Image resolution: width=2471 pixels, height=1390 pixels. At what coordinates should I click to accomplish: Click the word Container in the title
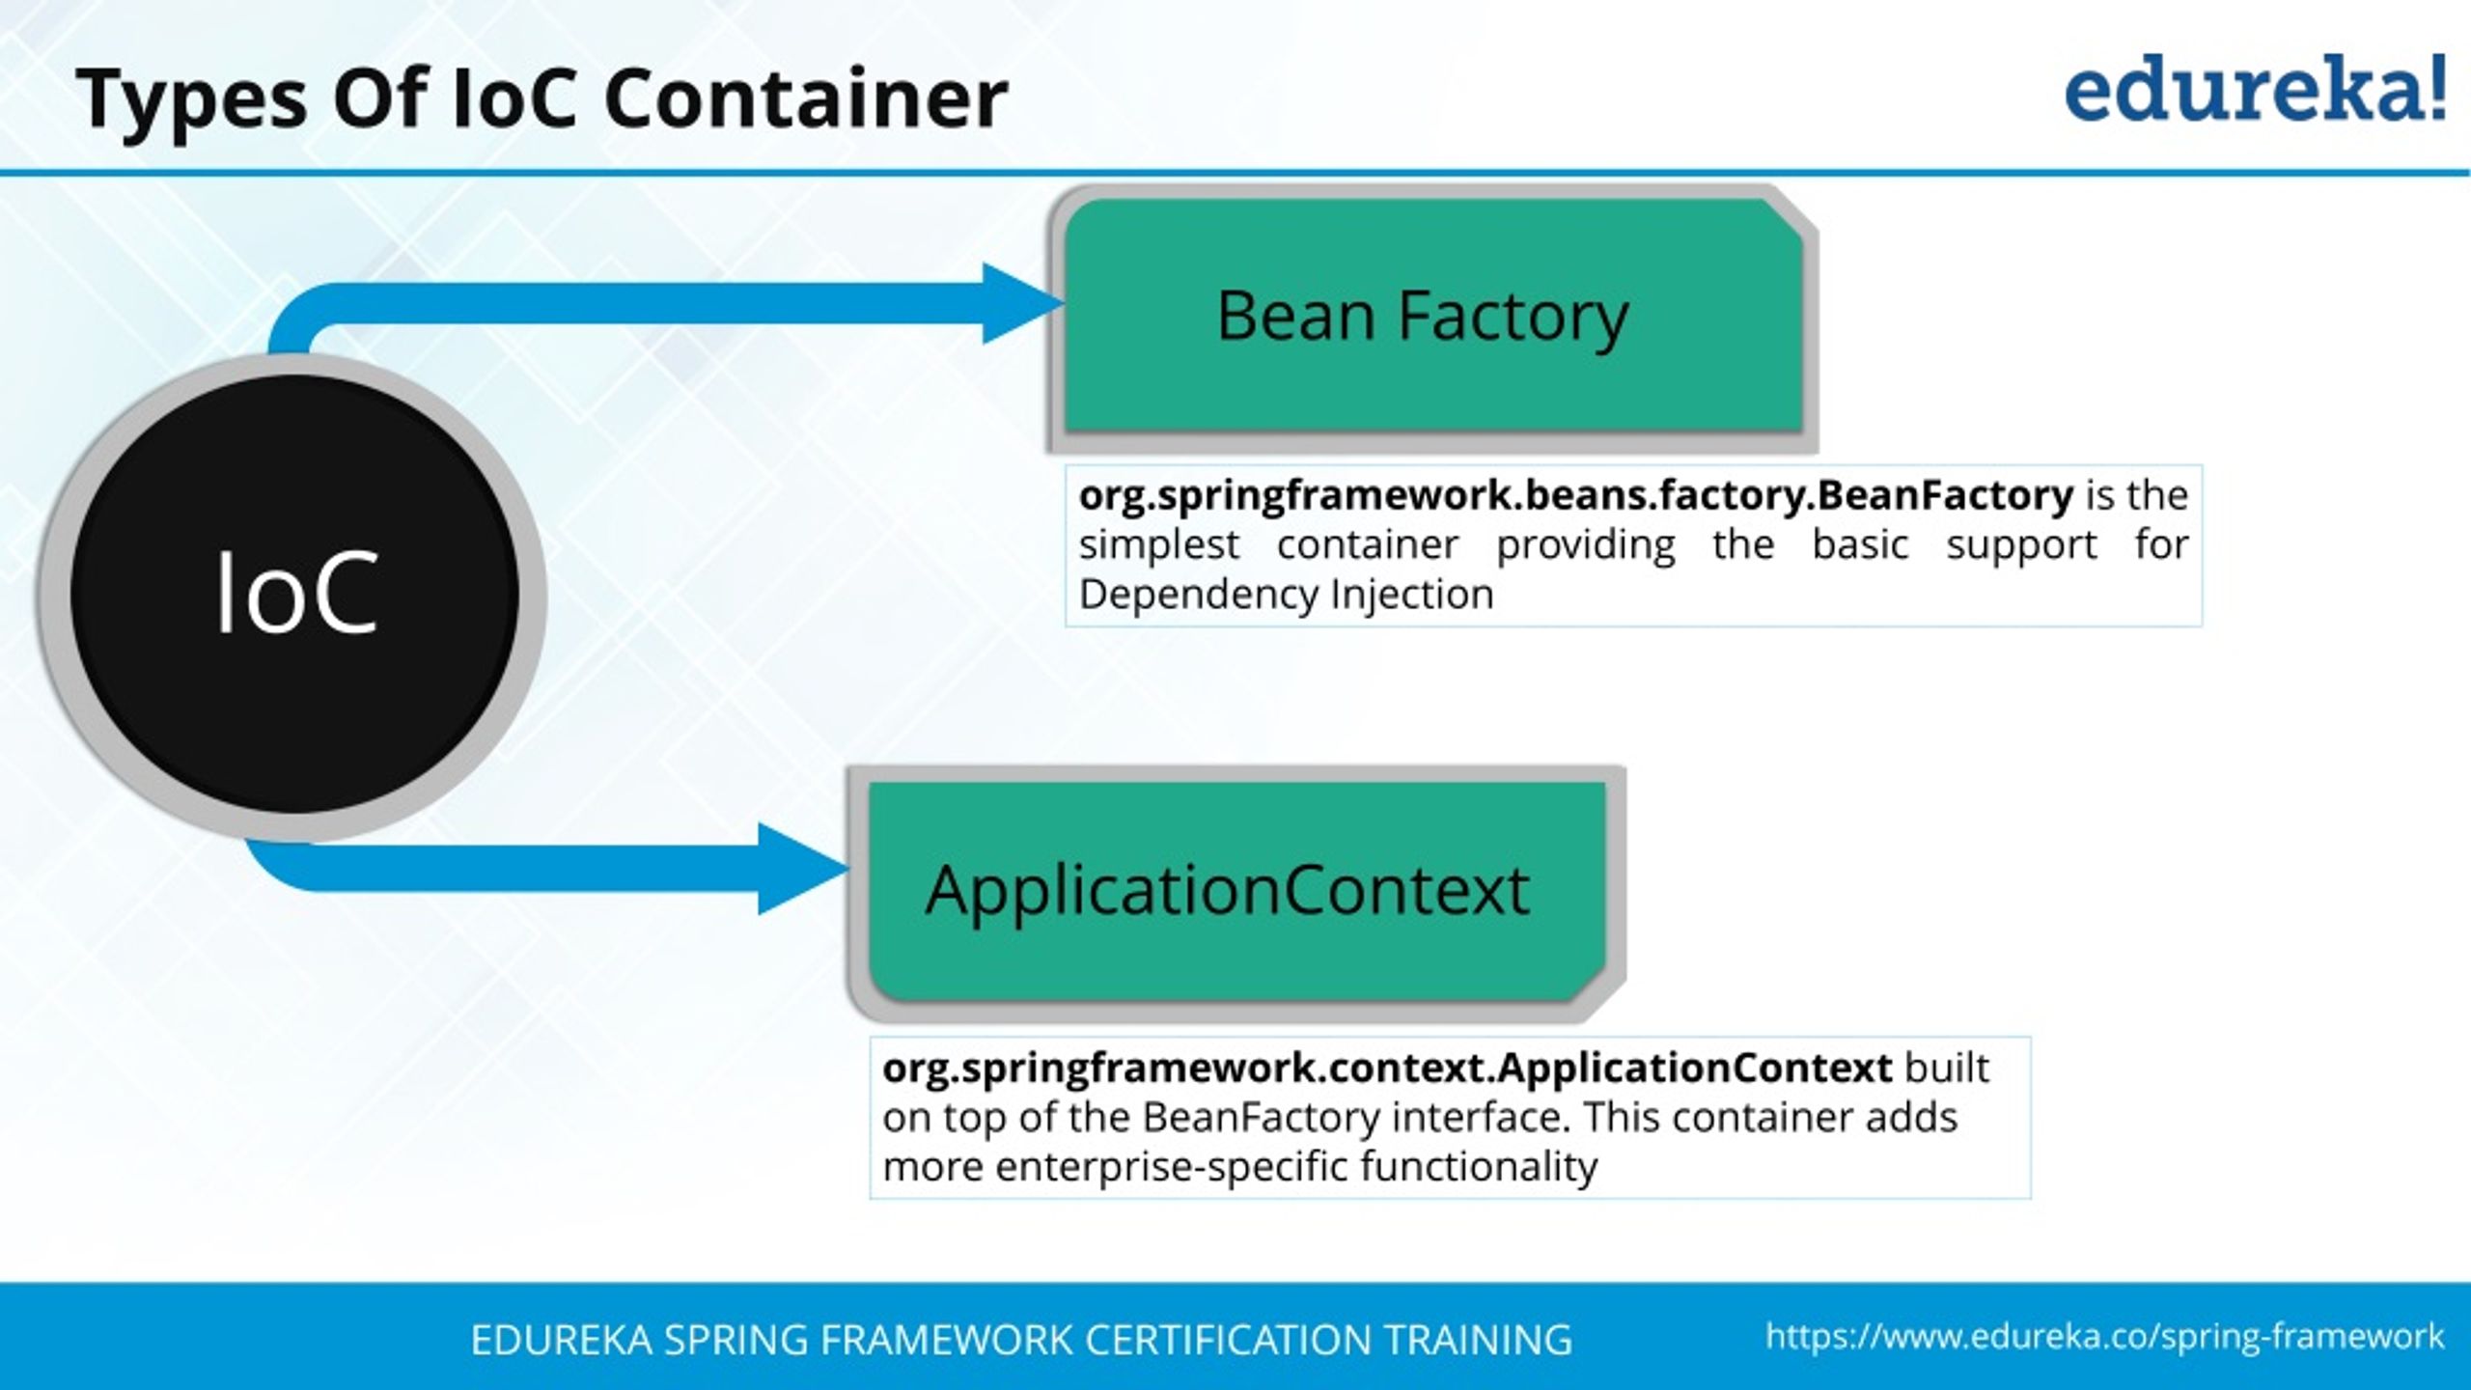pos(806,98)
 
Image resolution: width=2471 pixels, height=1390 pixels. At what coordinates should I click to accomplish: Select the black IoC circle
pos(294,594)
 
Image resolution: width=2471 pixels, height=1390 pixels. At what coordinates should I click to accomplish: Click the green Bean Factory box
pos(1432,317)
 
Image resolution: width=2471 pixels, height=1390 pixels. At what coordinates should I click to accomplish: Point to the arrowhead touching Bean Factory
pos(1021,303)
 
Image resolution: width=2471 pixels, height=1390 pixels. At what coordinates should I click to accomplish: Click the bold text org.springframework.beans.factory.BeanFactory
pos(1575,495)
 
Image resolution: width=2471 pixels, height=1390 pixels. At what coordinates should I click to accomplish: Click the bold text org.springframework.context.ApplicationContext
pos(1387,1068)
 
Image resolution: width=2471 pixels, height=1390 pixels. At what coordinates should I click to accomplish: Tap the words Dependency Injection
pos(1286,595)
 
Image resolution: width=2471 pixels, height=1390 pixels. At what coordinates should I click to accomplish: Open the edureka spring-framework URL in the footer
pos(2104,1337)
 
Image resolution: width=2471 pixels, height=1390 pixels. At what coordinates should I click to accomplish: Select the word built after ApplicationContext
pos(1946,1068)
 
